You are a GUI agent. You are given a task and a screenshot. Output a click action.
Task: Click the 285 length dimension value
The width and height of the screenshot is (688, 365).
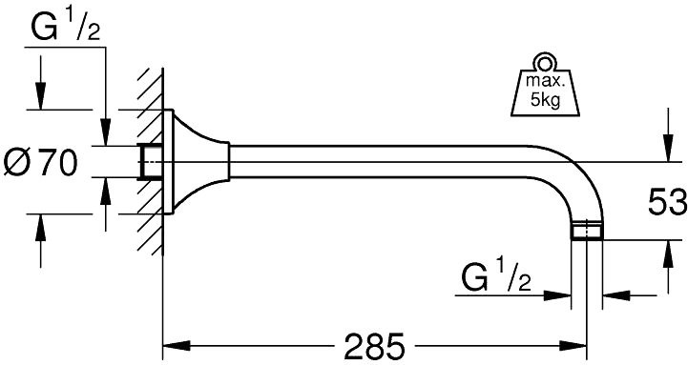374,346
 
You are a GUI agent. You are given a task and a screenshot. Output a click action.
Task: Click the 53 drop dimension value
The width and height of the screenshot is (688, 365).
667,202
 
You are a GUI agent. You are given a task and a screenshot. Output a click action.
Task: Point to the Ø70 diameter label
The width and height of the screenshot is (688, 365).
40,162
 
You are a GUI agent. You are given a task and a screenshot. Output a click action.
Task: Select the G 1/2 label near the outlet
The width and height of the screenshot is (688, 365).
496,275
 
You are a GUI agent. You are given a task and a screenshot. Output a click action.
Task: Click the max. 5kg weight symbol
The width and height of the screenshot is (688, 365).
545,85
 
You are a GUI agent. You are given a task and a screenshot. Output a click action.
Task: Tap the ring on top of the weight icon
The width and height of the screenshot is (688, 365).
545,63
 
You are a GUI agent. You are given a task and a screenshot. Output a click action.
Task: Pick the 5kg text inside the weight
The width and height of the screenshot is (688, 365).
546,100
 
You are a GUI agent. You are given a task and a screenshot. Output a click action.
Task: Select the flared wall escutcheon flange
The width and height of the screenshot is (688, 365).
197,162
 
